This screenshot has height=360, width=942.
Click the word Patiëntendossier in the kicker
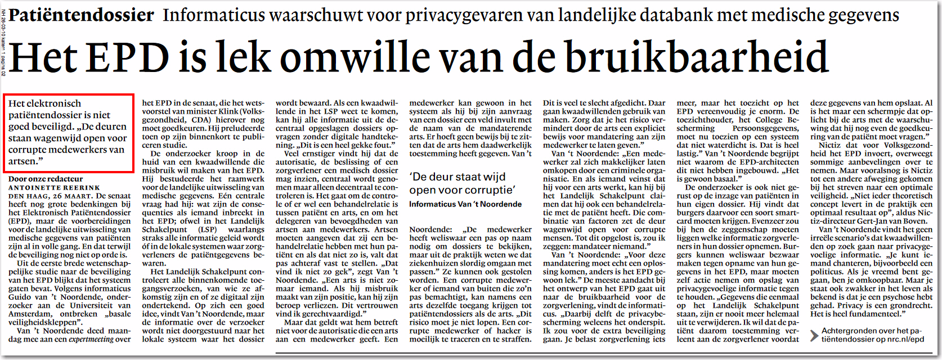[x=81, y=15]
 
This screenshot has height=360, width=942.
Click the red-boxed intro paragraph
[x=68, y=132]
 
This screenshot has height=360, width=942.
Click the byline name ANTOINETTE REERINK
[x=54, y=188]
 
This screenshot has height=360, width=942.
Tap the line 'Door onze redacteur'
[x=46, y=179]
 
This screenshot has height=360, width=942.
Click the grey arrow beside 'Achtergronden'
[x=814, y=336]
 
